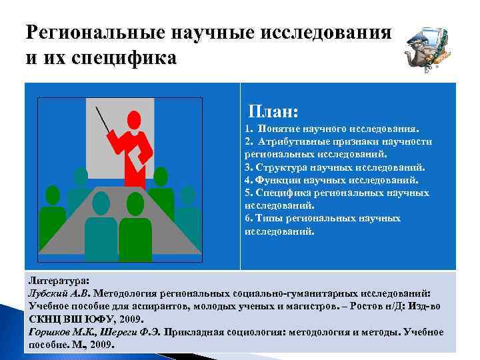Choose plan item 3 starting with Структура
point(334,167)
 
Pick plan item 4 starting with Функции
point(331,180)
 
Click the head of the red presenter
point(135,120)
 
